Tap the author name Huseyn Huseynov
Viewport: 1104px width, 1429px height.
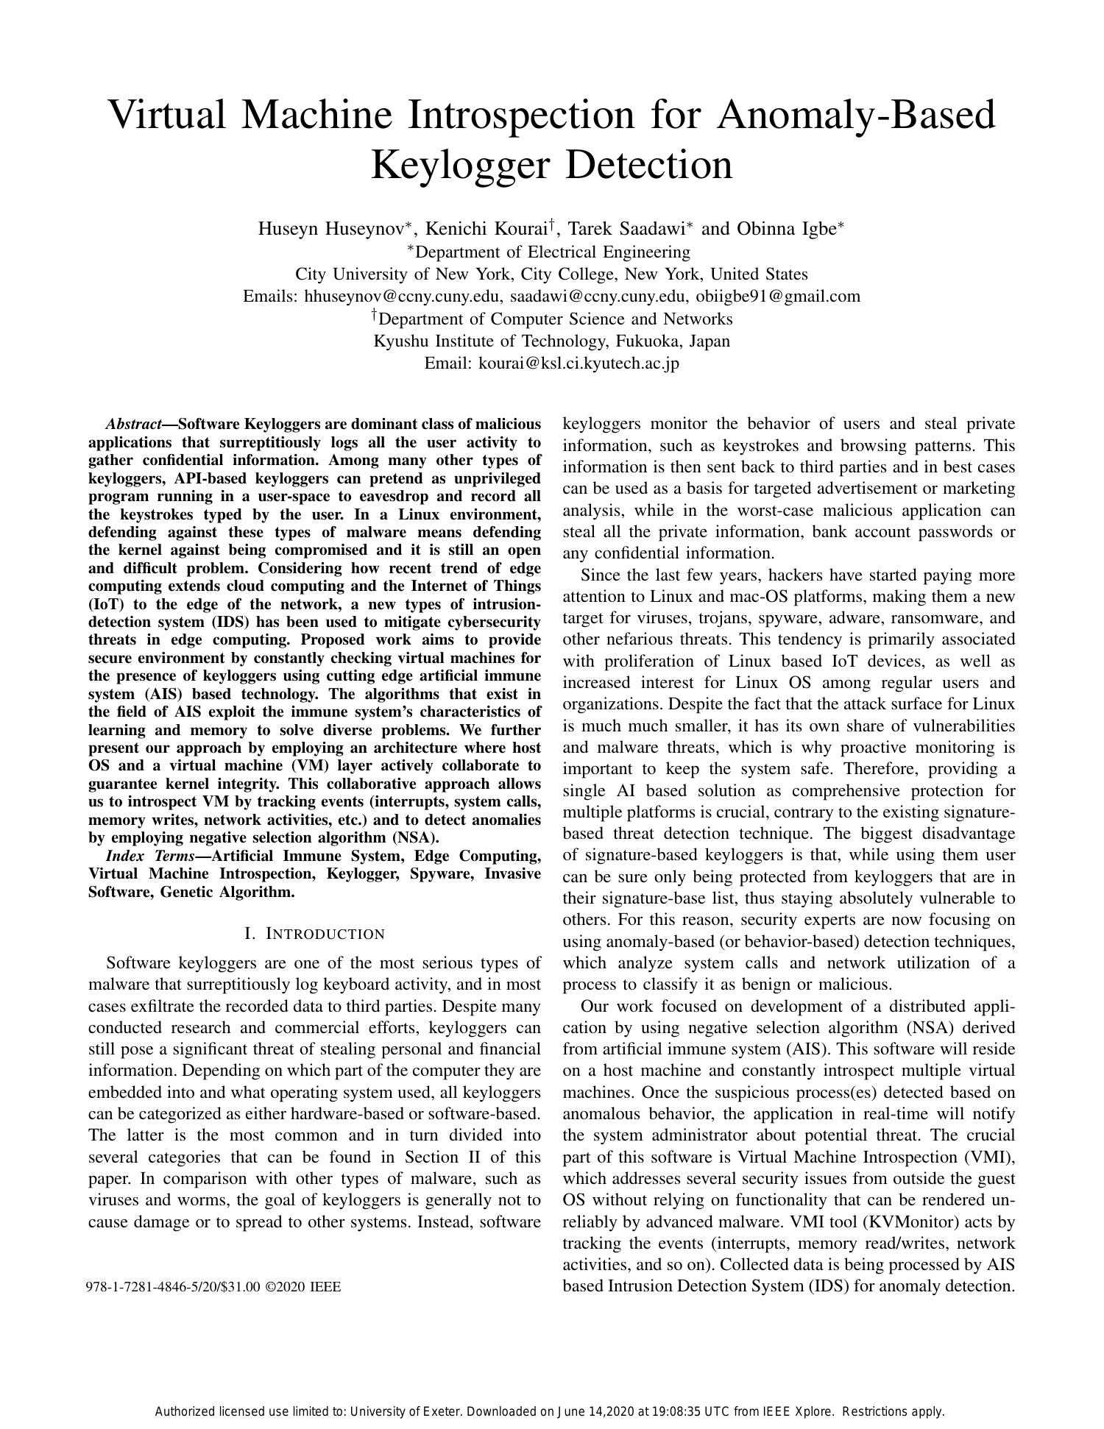pos(330,229)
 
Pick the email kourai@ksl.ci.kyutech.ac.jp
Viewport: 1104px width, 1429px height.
pos(578,364)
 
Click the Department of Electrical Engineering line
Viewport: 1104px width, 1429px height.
pos(553,252)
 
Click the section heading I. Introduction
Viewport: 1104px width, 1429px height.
pos(315,935)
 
